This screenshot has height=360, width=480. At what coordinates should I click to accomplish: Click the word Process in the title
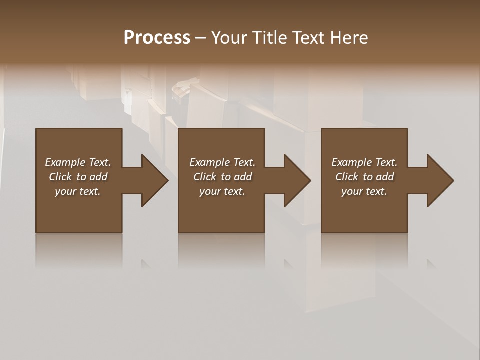coord(157,38)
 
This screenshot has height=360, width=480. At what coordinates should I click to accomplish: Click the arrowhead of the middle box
coord(297,180)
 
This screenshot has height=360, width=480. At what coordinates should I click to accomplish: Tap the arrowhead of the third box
coord(440,180)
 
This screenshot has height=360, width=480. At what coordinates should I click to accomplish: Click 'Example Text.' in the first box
coord(78,162)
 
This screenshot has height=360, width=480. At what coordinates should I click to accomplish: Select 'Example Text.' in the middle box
coord(222,162)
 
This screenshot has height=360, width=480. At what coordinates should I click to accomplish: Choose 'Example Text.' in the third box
coord(364,162)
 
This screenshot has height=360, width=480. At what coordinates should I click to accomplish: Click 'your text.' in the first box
coord(78,191)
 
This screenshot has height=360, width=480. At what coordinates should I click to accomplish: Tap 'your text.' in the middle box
coord(222,191)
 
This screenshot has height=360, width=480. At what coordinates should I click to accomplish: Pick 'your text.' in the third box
coord(364,191)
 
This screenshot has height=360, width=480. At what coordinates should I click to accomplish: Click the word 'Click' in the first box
coord(60,177)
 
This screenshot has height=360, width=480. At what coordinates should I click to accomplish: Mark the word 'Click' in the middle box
coord(204,177)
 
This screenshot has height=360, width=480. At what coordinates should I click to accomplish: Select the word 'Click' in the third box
coord(346,177)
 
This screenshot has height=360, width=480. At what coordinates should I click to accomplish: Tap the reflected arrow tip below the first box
coord(146,263)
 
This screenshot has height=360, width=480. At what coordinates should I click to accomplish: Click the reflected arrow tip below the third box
coord(431,263)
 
